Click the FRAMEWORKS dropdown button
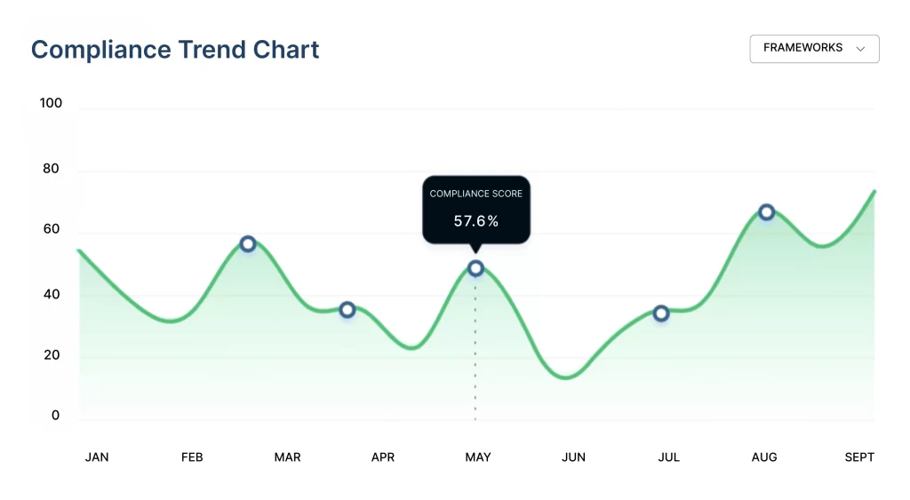pyautogui.click(x=814, y=49)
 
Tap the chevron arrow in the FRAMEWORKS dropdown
pyautogui.click(x=860, y=49)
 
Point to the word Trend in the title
pyautogui.click(x=212, y=50)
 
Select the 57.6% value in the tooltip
pyautogui.click(x=476, y=221)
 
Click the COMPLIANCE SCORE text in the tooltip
pyautogui.click(x=476, y=194)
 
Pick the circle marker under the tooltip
pyautogui.click(x=476, y=268)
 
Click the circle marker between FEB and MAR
pyautogui.click(x=248, y=244)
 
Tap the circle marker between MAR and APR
pyautogui.click(x=347, y=310)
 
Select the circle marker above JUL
pyautogui.click(x=661, y=313)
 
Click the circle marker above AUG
pyautogui.click(x=767, y=212)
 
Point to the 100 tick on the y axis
pyautogui.click(x=51, y=103)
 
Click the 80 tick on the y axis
pyautogui.click(x=51, y=169)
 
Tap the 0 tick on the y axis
pyautogui.click(x=56, y=416)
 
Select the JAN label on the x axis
pyautogui.click(x=97, y=457)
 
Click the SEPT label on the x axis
pyautogui.click(x=859, y=457)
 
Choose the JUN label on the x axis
pyautogui.click(x=573, y=457)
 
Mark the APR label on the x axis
pyautogui.click(x=383, y=457)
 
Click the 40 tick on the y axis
pyautogui.click(x=51, y=295)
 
